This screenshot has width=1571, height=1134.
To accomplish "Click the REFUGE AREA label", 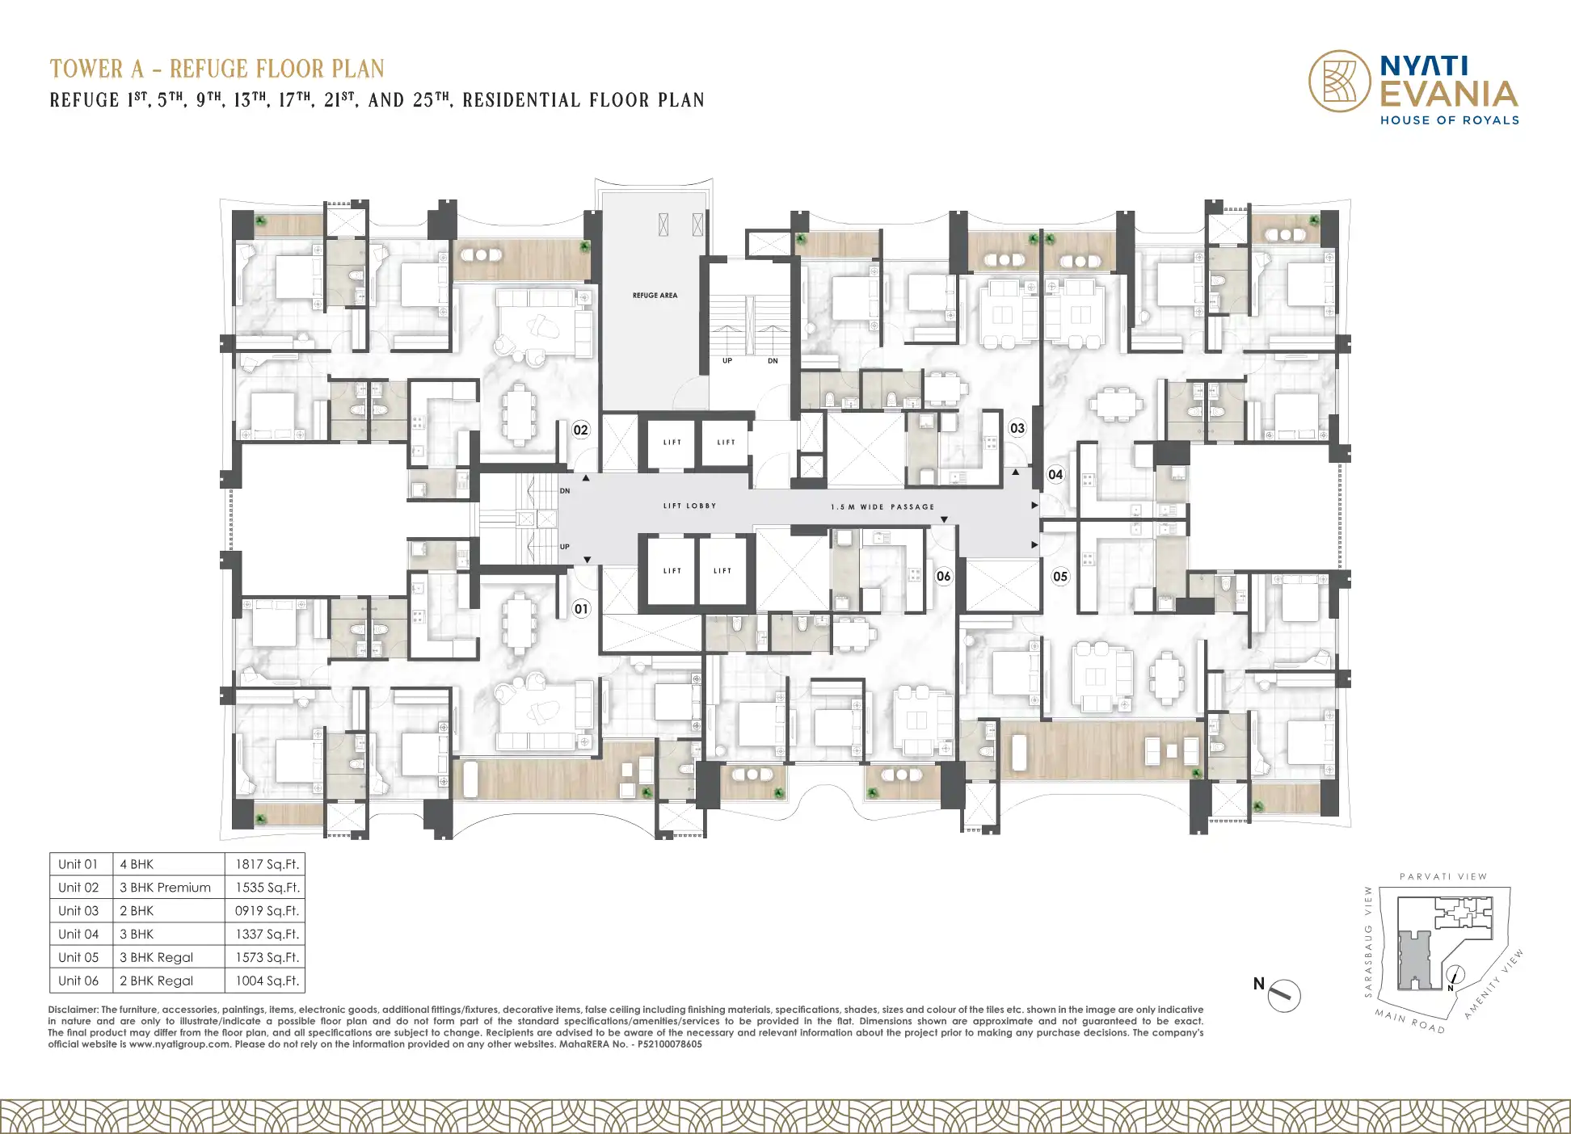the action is tap(655, 296).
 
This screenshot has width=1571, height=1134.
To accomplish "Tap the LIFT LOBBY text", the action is tap(689, 506).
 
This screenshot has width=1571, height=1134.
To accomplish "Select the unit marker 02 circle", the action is tap(580, 430).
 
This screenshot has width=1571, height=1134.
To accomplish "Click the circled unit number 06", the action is tap(943, 576).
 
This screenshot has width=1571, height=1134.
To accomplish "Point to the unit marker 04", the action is tap(1055, 474).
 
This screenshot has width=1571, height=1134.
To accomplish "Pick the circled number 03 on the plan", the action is tap(1017, 428).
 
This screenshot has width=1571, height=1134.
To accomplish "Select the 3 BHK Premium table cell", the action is tap(165, 888).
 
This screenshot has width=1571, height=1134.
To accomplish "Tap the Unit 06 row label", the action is tap(78, 981).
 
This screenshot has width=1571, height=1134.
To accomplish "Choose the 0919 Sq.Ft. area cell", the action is tap(267, 911).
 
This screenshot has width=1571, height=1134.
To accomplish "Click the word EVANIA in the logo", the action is tap(1449, 94).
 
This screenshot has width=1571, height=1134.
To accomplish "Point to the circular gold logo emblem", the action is tap(1340, 81).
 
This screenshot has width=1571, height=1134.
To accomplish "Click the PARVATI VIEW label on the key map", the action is tap(1443, 876).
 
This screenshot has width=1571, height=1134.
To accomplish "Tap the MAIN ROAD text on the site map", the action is tap(1410, 1022).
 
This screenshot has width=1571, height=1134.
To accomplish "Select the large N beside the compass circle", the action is tap(1258, 984).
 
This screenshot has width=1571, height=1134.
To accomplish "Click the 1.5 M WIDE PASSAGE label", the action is tap(882, 507).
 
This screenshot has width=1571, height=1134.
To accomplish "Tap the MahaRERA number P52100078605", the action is tap(670, 1044).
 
